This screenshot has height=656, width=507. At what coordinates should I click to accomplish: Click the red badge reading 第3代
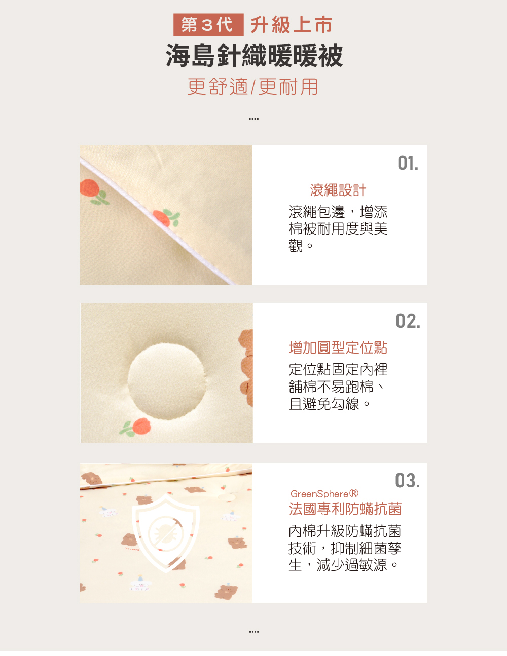point(208,24)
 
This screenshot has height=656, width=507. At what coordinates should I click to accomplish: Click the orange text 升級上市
point(292,25)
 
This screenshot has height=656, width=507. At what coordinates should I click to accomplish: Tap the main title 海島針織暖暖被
point(254,55)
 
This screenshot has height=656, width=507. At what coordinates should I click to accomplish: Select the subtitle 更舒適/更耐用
point(252,87)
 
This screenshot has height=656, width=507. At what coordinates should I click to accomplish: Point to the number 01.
point(408,163)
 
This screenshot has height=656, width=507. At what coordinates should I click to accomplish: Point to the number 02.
point(408,321)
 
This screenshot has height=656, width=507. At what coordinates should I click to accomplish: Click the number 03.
point(408,480)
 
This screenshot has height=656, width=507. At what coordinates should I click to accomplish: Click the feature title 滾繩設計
point(338,190)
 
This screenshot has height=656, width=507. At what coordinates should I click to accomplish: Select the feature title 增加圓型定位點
point(338,348)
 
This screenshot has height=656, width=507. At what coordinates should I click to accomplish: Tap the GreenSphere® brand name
point(324,494)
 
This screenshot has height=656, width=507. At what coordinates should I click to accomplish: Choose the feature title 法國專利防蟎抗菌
point(345,509)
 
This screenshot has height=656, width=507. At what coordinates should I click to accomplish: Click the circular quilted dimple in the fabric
point(167,381)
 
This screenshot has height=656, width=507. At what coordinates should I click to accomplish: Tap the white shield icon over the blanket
point(166,533)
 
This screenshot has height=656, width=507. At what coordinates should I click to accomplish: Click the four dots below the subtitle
point(254,119)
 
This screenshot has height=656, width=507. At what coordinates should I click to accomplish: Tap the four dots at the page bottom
point(254,632)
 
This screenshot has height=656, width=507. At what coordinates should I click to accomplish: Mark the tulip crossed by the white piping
point(166,218)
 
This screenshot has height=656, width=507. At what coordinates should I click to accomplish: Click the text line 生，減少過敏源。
point(343,565)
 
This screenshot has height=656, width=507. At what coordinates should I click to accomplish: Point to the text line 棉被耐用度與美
point(338,228)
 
